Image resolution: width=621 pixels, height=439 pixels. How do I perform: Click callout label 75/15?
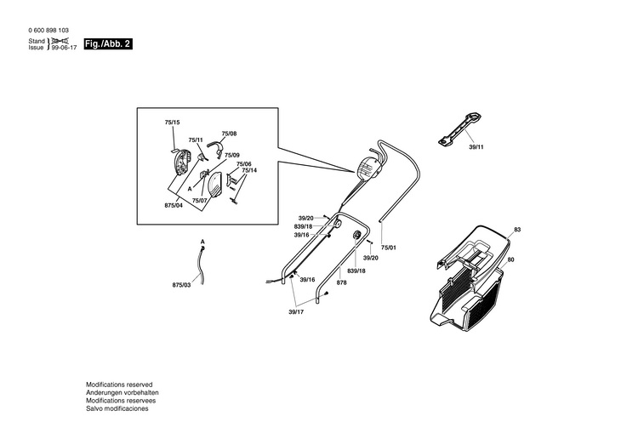pyautogui.click(x=172, y=123)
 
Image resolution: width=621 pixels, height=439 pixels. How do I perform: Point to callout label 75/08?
pyautogui.click(x=229, y=134)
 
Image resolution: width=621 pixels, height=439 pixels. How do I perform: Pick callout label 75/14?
pyautogui.click(x=249, y=170)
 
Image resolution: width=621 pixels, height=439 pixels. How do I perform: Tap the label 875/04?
pyautogui.click(x=174, y=206)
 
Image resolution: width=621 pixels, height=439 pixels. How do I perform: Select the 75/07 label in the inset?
pyautogui.click(x=200, y=201)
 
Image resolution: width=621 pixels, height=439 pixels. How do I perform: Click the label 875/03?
pyautogui.click(x=182, y=285)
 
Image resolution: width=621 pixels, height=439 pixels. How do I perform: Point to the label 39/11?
pyautogui.click(x=476, y=147)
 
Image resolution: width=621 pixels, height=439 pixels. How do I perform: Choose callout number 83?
pyautogui.click(x=516, y=231)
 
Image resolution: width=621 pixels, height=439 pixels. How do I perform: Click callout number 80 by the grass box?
pyautogui.click(x=511, y=259)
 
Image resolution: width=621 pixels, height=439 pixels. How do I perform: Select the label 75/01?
pyautogui.click(x=389, y=248)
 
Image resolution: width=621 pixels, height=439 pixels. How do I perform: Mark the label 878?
pyautogui.click(x=341, y=282)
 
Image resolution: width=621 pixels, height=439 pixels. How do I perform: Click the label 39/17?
pyautogui.click(x=296, y=312)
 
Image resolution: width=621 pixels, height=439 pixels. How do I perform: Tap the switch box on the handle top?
pyautogui.click(x=369, y=168)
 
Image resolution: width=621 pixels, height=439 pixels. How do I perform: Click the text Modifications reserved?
pyautogui.click(x=119, y=385)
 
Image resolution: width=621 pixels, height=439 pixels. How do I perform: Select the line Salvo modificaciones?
pyautogui.click(x=117, y=408)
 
